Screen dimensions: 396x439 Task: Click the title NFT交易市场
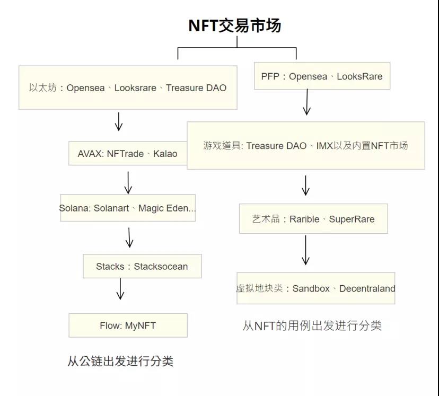(x=235, y=25)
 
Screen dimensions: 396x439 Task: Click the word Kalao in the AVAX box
(x=165, y=154)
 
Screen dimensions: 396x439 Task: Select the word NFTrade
(x=125, y=154)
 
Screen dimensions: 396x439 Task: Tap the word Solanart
(x=111, y=208)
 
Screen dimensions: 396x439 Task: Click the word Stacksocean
(x=161, y=266)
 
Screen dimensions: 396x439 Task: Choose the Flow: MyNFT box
(x=128, y=325)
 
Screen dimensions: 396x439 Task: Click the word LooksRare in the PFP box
(x=359, y=76)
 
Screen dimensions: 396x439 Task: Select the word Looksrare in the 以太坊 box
(x=135, y=87)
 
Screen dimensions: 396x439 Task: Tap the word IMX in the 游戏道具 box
(x=324, y=145)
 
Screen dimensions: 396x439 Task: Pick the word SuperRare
(x=352, y=219)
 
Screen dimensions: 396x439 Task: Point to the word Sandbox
(x=311, y=288)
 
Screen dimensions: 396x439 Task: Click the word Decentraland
(x=367, y=288)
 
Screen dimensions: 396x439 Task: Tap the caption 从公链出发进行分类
(x=120, y=362)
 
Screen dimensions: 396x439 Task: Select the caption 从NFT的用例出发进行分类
(x=312, y=325)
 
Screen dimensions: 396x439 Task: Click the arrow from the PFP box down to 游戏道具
(x=306, y=102)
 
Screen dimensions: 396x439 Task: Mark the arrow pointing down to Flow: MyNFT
(x=120, y=289)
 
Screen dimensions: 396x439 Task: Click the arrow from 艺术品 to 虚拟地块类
(x=305, y=250)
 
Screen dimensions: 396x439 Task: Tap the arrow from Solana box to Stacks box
(x=129, y=237)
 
